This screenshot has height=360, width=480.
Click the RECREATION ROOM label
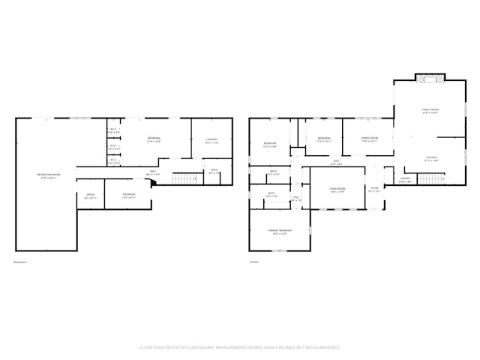tap(49, 175)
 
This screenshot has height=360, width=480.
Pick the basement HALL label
tap(153, 172)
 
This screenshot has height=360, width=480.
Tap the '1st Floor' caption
tap(254, 262)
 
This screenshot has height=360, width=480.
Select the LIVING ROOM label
tap(337, 190)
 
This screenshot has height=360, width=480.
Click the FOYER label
tap(374, 190)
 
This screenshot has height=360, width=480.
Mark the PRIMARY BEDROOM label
tap(280, 231)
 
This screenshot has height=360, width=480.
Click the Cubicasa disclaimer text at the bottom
tap(240, 347)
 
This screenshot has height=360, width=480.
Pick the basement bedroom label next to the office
tap(129, 195)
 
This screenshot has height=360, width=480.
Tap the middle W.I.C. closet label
tap(114, 148)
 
